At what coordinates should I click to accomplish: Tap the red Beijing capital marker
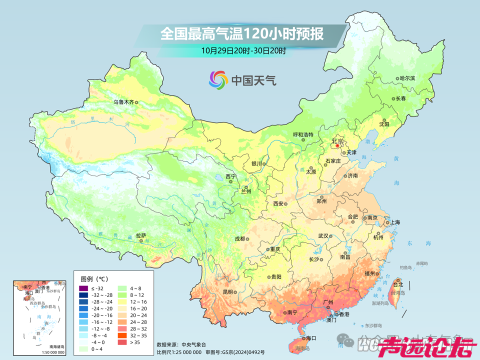(337, 146)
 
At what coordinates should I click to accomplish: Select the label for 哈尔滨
(407, 78)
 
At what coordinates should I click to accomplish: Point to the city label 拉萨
(140, 235)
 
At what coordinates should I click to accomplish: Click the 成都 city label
(239, 238)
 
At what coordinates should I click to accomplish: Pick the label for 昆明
(228, 292)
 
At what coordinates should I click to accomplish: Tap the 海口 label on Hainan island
(311, 338)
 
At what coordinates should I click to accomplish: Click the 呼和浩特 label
(302, 134)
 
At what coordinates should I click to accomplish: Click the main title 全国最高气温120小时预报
(241, 33)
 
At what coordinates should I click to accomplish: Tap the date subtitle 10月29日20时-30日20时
(244, 50)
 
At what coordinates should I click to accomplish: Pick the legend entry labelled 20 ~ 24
(138, 315)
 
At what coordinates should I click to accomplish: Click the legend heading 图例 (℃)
(94, 278)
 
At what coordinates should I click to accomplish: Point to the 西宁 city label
(230, 176)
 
